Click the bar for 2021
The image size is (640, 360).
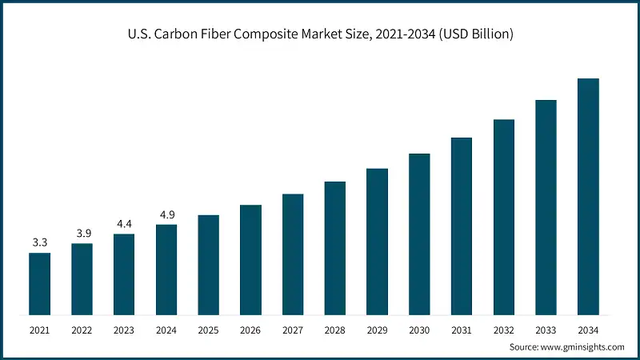[x=39, y=283]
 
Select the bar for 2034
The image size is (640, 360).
[x=588, y=196]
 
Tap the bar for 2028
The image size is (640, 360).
[x=335, y=247]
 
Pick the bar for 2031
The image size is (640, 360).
[x=462, y=226]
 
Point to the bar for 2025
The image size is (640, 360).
[x=208, y=264]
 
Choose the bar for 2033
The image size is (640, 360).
[x=546, y=206]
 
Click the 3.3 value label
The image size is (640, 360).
[x=39, y=242]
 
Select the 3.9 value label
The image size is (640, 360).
[x=82, y=232]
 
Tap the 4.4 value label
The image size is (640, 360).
[x=124, y=223]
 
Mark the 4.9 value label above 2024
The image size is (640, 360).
[x=166, y=214]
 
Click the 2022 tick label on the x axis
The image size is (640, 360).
[x=82, y=329]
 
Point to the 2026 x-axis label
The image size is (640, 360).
[x=250, y=329]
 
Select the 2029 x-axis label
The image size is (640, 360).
[x=377, y=329]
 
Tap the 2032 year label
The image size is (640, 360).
[x=503, y=329]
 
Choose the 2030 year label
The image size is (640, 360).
[x=419, y=329]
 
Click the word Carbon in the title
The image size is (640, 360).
[x=201, y=34]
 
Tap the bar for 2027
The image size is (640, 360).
[x=293, y=254]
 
